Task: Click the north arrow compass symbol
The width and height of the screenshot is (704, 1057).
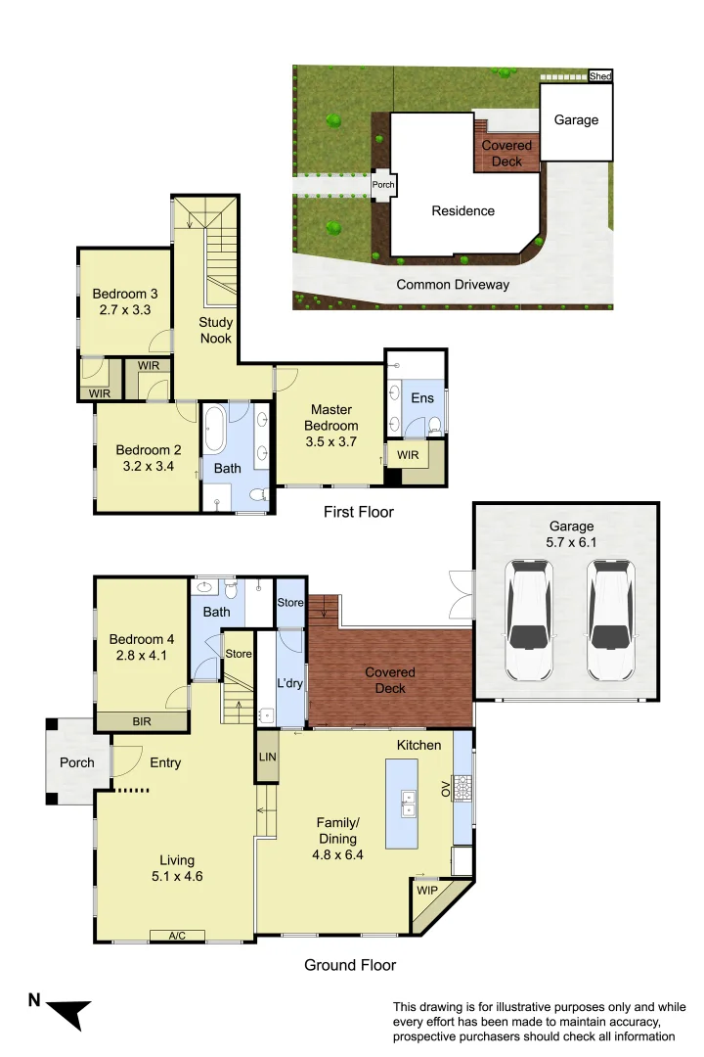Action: pyautogui.click(x=66, y=1011)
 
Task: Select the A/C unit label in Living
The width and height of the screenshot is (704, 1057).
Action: pyautogui.click(x=177, y=936)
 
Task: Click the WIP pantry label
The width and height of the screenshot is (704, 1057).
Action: pyautogui.click(x=426, y=892)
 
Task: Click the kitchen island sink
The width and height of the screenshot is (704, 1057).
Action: pyautogui.click(x=409, y=804)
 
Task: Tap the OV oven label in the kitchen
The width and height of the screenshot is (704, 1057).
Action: pyautogui.click(x=447, y=789)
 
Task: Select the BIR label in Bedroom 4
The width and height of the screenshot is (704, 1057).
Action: pyautogui.click(x=142, y=722)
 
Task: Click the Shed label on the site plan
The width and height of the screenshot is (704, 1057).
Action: pyautogui.click(x=599, y=76)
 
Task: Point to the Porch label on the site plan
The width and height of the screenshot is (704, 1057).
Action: pyautogui.click(x=383, y=184)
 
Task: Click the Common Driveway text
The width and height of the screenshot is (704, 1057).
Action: pyautogui.click(x=453, y=285)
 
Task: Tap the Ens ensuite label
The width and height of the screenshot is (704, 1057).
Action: pyautogui.click(x=421, y=398)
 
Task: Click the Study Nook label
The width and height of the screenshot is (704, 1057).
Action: pyautogui.click(x=215, y=330)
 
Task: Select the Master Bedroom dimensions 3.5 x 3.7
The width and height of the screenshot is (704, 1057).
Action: pyautogui.click(x=330, y=441)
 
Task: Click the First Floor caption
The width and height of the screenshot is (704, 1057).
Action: pyautogui.click(x=359, y=512)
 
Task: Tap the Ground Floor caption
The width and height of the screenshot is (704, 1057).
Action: pyautogui.click(x=350, y=965)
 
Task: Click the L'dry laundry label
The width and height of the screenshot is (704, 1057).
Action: pyautogui.click(x=289, y=683)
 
